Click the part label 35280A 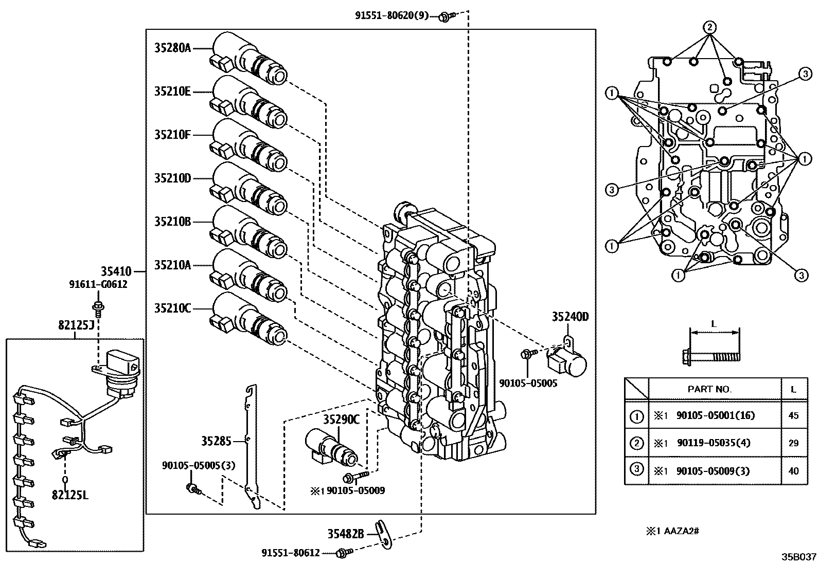(x=172, y=48)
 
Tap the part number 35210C (x=172, y=308)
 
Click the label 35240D (x=570, y=317)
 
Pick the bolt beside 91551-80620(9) (x=444, y=17)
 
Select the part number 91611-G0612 (x=98, y=284)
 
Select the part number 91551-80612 (x=291, y=553)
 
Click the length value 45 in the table (x=793, y=415)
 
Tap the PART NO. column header (x=709, y=389)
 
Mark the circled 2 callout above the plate (x=709, y=27)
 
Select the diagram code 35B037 (x=799, y=557)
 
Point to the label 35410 (x=116, y=271)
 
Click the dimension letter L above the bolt (x=714, y=324)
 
